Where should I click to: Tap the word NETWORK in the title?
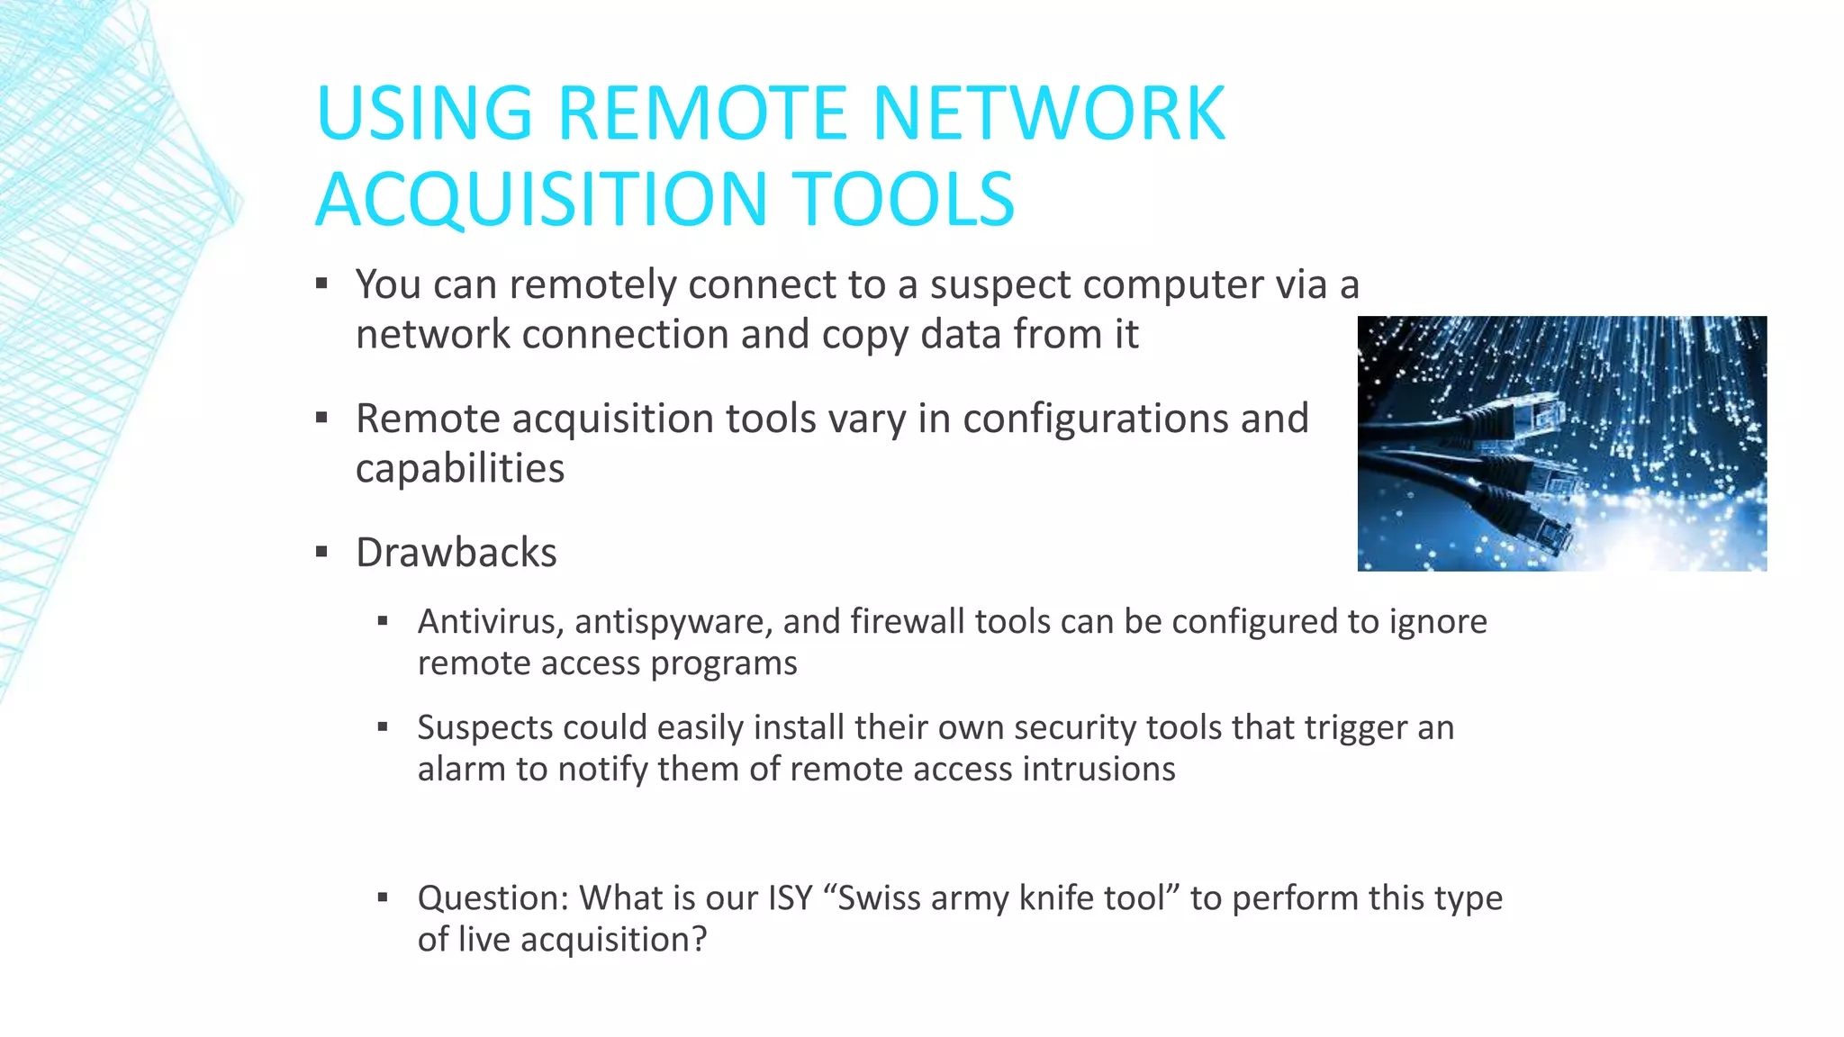click(1049, 113)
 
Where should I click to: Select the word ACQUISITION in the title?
click(540, 199)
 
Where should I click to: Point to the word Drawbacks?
click(456, 553)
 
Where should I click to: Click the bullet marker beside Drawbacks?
click(321, 552)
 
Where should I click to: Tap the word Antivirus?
click(491, 622)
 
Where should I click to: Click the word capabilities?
click(460, 469)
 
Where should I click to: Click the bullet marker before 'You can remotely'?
click(321, 284)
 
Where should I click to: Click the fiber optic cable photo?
click(1561, 443)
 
